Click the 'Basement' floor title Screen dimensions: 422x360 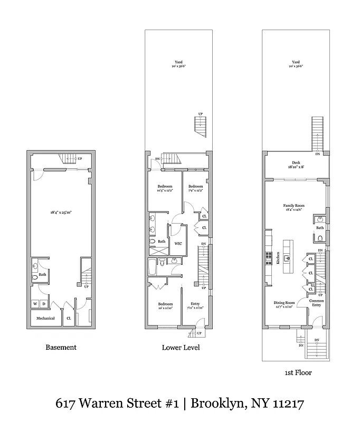[61, 347]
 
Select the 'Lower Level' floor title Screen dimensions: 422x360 [181, 348]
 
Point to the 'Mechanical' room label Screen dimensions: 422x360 [45, 318]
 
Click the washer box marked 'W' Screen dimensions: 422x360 [35, 304]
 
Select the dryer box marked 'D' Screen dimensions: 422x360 [44, 304]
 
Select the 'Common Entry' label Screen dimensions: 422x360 [317, 303]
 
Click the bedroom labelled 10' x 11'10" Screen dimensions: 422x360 [165, 306]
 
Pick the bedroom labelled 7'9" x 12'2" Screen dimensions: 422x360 [196, 188]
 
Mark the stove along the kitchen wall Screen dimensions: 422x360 [268, 257]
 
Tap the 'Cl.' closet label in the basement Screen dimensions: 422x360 [69, 318]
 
